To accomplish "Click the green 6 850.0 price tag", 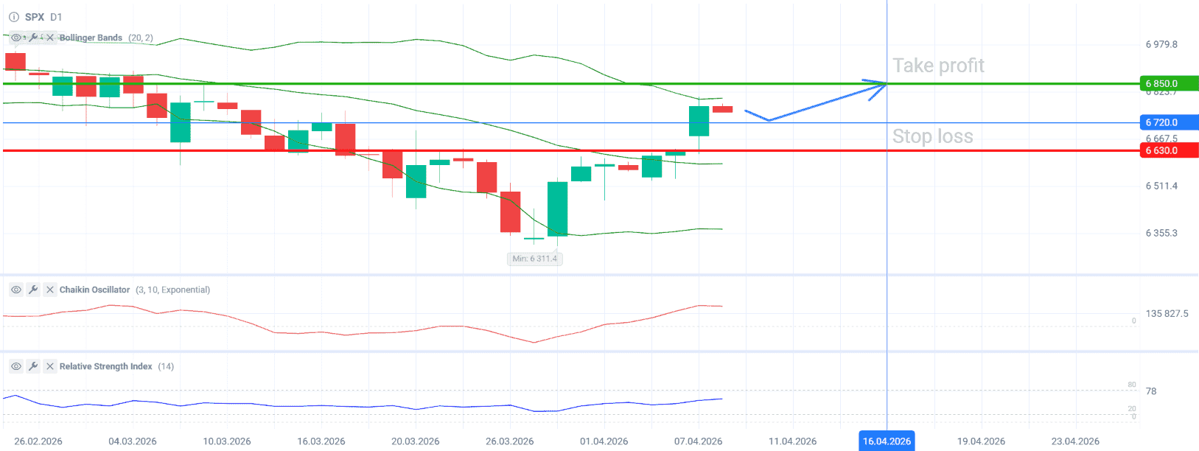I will [1167, 84].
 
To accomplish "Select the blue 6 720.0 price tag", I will [1167, 122].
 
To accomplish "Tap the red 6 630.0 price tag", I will [1167, 150].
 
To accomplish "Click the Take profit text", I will [938, 66].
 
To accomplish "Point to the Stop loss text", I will [932, 136].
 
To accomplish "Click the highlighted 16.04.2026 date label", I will [887, 441].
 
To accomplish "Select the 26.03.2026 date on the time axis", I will [509, 441].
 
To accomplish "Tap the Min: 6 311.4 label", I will [535, 259].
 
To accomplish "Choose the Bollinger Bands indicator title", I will [91, 38].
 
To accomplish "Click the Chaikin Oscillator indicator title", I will [94, 290].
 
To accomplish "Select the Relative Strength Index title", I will [105, 366].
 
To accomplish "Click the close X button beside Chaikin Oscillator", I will [50, 290].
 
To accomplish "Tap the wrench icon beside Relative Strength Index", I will [33, 366].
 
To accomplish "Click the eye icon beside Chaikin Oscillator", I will [16, 290].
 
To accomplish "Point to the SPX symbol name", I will [35, 17].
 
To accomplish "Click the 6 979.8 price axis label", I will [1161, 44].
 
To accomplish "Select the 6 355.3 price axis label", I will [1161, 233].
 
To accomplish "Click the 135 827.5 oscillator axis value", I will [1167, 313].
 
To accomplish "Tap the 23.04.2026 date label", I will [1075, 441].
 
